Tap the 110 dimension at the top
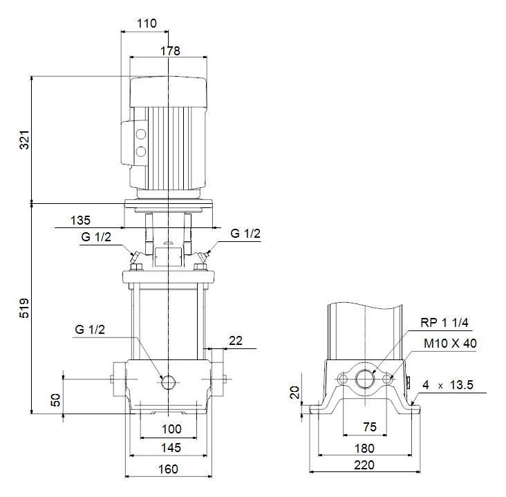147,23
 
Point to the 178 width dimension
169,50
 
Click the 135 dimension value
81,221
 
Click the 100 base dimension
171,429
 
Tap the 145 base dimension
171,448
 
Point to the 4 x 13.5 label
449,385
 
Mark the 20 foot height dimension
294,393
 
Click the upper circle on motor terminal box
141,135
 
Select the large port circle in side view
364,379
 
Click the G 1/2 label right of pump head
245,234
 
